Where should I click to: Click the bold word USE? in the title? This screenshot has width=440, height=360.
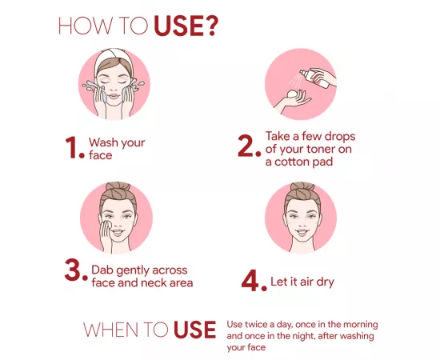186,26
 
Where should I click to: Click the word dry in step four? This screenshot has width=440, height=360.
326,282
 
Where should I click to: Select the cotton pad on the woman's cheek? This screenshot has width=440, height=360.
106,225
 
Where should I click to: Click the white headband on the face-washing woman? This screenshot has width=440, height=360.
113,59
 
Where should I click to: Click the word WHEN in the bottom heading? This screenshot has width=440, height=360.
111,330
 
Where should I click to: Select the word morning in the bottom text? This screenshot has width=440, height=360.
361,325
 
